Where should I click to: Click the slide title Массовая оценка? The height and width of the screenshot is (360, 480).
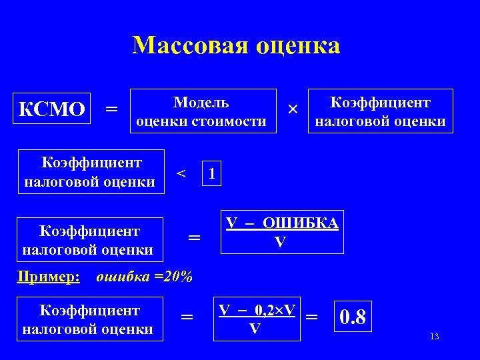tap(236, 45)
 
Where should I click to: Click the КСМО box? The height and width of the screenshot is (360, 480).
tap(52, 109)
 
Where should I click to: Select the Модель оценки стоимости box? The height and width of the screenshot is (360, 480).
tap(203, 111)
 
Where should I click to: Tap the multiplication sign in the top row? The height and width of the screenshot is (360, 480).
tap(291, 109)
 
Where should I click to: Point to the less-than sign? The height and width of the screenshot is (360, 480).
tap(180, 173)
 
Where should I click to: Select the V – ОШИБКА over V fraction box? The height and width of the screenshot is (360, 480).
tap(282, 233)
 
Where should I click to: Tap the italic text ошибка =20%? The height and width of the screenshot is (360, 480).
tap(145, 277)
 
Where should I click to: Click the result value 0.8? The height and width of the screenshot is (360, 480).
tap(353, 317)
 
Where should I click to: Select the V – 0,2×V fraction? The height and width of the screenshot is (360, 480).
tap(256, 319)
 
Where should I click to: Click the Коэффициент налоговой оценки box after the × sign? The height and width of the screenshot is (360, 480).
tap(380, 111)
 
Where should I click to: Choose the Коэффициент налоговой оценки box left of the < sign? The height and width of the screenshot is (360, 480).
tap(91, 172)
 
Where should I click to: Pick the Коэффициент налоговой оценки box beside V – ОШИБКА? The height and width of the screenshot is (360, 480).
tap(91, 240)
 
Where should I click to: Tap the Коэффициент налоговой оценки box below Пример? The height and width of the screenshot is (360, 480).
tap(91, 319)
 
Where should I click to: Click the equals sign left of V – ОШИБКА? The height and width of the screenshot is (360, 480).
tap(194, 237)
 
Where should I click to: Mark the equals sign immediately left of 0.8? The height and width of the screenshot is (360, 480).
tap(311, 316)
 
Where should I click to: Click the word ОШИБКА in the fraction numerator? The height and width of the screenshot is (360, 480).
tap(300, 223)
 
